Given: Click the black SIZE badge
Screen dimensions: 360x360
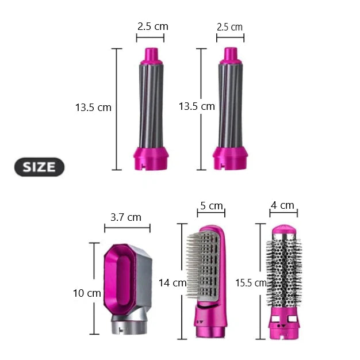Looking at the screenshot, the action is point(39,167).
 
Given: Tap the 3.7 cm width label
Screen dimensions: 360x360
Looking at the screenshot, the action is point(126,217).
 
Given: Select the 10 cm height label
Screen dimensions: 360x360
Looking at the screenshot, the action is point(87,293).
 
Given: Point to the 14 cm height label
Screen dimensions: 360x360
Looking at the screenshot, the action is point(173,283).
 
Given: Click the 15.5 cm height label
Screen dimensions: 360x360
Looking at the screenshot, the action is point(251,283).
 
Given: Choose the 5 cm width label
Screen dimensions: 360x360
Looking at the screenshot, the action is point(212,206).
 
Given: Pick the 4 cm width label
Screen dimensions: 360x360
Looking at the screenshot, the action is point(282,205).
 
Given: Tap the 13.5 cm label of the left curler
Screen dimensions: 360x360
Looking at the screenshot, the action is point(93,108).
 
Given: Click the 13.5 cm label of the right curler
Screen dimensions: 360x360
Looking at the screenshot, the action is point(197,106).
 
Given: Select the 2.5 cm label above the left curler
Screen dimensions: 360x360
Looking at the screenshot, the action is point(153,26).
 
